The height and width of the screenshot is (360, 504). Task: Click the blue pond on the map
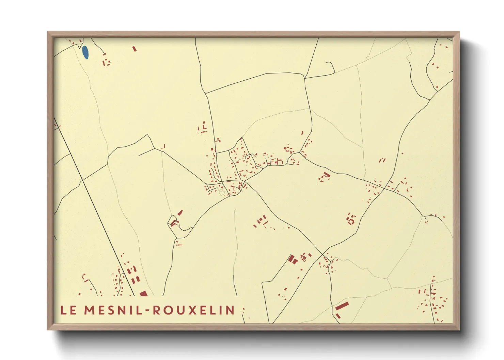(85, 52)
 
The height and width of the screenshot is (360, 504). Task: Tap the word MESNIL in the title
(115, 310)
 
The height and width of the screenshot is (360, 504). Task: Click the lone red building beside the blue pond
(134, 49)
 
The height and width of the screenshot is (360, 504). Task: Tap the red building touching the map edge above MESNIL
(143, 293)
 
